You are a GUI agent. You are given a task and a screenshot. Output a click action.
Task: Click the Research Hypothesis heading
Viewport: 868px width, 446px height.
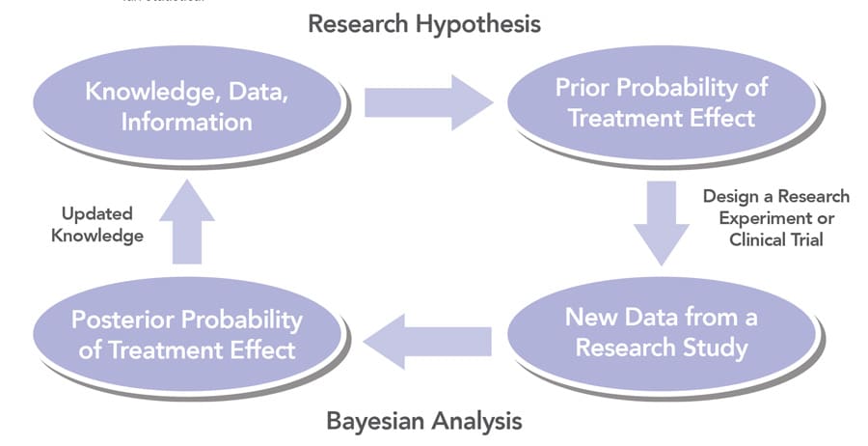(424, 23)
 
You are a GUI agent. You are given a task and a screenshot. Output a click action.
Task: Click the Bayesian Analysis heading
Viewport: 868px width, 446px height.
(424, 421)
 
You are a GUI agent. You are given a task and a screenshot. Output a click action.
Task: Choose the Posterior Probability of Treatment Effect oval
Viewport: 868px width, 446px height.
(188, 333)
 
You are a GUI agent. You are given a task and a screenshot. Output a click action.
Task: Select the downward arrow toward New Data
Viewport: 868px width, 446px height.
(661, 224)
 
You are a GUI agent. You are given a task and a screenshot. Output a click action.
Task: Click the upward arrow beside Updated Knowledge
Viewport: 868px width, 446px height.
(187, 227)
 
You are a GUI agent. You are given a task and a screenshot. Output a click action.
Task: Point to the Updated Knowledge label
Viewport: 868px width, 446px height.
(96, 224)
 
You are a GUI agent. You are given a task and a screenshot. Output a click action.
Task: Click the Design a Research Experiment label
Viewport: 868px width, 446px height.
(776, 207)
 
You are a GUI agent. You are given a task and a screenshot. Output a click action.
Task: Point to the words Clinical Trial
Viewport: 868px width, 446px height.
(776, 239)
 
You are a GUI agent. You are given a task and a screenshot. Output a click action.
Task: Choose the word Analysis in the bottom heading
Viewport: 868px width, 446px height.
(475, 421)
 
